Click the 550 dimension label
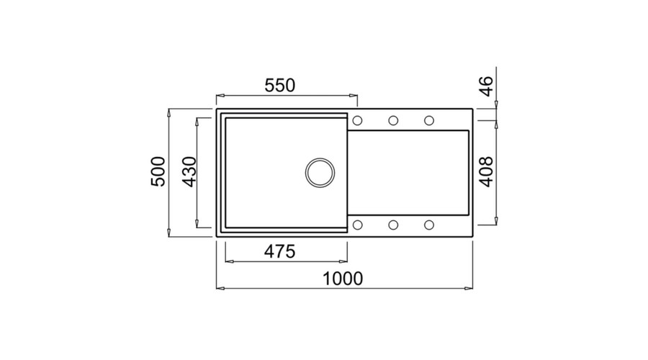(280, 86)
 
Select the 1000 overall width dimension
(343, 279)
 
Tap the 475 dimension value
(280, 251)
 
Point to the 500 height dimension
(158, 171)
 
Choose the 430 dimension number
(189, 171)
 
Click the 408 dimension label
(487, 171)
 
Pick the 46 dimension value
(487, 86)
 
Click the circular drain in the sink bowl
(320, 173)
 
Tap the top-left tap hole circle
(357, 121)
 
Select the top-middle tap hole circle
(393, 121)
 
